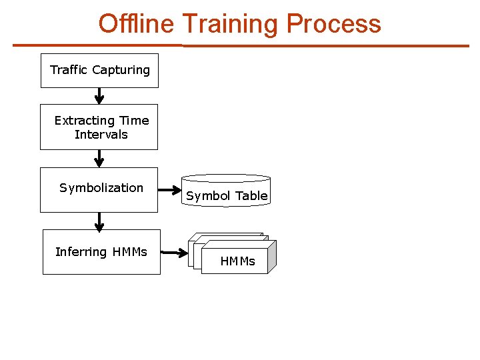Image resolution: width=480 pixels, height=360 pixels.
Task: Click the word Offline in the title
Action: coord(136,24)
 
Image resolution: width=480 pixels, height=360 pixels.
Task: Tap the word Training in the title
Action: coord(230,24)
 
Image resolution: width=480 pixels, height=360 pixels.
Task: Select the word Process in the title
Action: coord(333,24)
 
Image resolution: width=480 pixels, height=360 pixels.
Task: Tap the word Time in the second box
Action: coord(134,121)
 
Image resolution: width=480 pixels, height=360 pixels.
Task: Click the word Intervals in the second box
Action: coord(101,135)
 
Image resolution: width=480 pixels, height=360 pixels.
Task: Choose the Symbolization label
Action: coord(101,188)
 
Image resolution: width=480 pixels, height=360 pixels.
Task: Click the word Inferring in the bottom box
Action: coord(81,252)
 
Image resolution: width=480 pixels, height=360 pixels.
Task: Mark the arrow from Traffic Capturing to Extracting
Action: coord(99,97)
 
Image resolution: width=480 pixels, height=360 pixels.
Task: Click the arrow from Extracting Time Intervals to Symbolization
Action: coord(99,159)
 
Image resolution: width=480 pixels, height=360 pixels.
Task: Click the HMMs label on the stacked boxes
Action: coord(238,261)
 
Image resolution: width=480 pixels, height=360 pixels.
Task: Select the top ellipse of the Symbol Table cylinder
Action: coord(226,179)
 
